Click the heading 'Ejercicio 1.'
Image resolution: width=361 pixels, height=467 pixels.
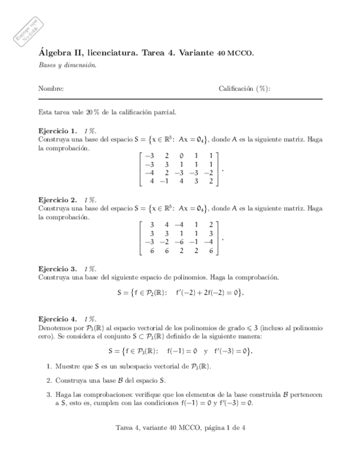click(x=57, y=131)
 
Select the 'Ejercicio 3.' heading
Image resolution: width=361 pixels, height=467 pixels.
click(x=57, y=268)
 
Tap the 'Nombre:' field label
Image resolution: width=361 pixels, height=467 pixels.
click(x=51, y=88)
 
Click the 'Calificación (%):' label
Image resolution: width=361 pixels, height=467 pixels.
click(x=244, y=88)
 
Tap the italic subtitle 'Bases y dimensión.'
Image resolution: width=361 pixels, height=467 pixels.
click(x=67, y=64)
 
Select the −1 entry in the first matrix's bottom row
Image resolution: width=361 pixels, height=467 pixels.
click(x=164, y=180)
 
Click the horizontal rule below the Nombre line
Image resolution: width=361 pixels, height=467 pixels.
click(x=180, y=99)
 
